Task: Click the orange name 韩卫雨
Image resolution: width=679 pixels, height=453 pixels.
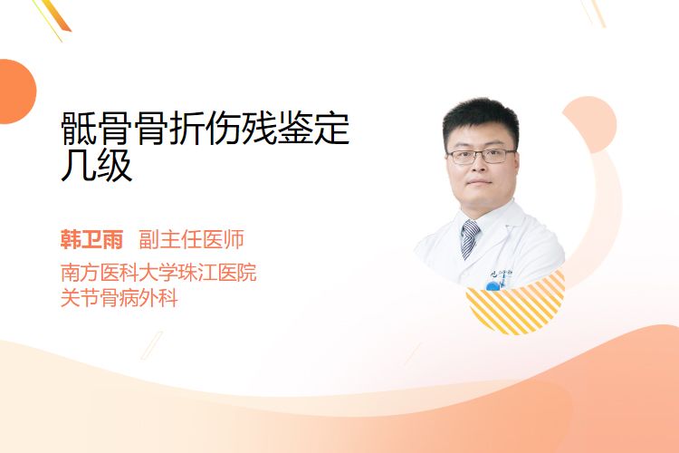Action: pyautogui.click(x=91, y=239)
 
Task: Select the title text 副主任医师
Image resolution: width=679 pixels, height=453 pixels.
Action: pyautogui.click(x=191, y=239)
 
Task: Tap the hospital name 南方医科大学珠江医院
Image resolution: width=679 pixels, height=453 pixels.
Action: pyautogui.click(x=158, y=273)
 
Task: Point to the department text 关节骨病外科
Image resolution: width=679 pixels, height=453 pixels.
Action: pyautogui.click(x=120, y=298)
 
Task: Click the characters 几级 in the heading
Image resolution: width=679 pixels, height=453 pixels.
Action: pyautogui.click(x=96, y=166)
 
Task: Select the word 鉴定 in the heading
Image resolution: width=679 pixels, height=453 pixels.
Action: pyautogui.click(x=313, y=129)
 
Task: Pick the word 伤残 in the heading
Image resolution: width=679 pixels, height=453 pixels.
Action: pyautogui.click(x=241, y=129)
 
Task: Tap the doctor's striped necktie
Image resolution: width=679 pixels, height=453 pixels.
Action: pyautogui.click(x=470, y=238)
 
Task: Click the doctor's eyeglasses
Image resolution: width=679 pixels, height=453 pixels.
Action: pyautogui.click(x=481, y=156)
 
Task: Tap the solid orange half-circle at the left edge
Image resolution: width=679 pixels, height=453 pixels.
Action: pyautogui.click(x=16, y=92)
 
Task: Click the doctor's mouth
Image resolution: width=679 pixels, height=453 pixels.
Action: pyautogui.click(x=479, y=182)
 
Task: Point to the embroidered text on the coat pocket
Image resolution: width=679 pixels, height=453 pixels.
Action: pyautogui.click(x=502, y=275)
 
